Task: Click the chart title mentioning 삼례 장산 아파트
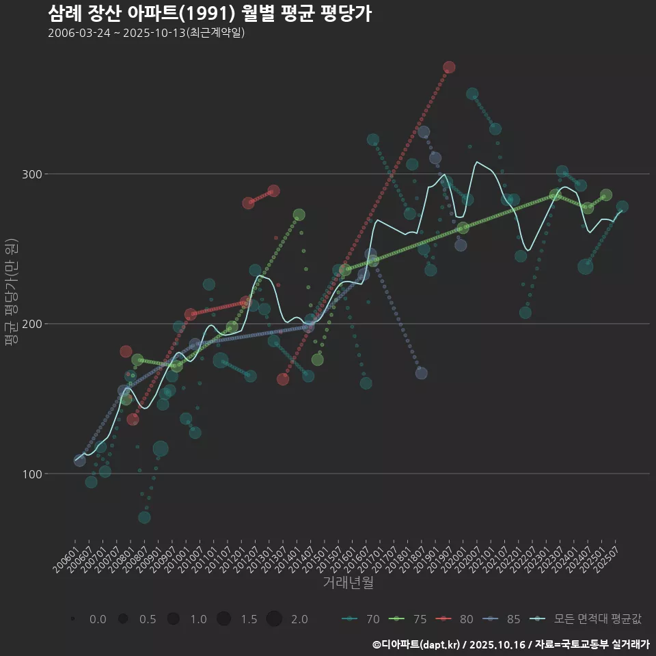click(x=210, y=14)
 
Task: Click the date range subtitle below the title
click(x=146, y=33)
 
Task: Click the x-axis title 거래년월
click(x=348, y=583)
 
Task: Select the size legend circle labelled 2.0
click(x=274, y=619)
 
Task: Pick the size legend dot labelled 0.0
click(x=72, y=619)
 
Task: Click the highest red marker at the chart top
click(x=449, y=68)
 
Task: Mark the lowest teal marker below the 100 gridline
click(x=144, y=517)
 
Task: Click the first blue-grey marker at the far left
click(x=80, y=461)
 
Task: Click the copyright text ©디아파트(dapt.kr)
click(x=416, y=644)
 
